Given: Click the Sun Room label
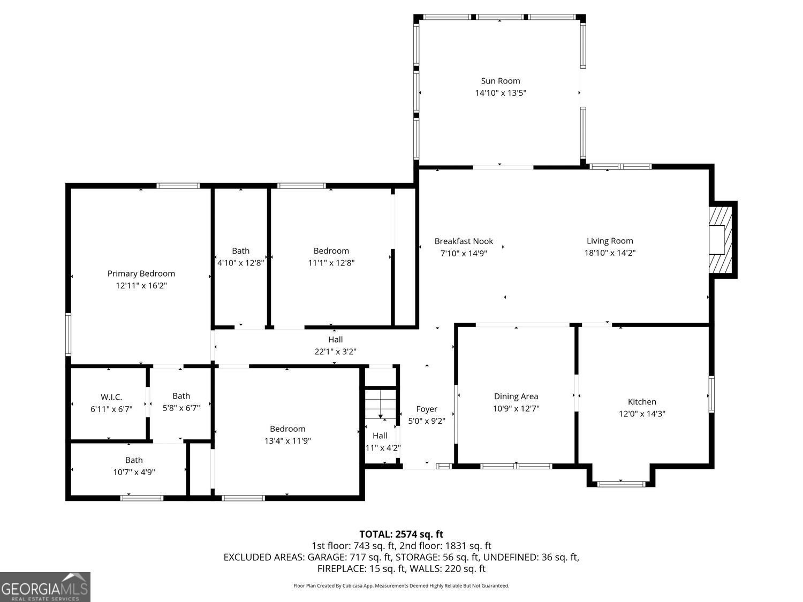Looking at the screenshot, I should click(500, 81).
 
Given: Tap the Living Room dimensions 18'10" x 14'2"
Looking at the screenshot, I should click(609, 253).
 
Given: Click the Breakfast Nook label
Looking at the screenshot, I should click(464, 241).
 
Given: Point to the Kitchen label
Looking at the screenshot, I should click(641, 402).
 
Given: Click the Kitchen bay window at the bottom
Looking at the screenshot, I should click(620, 484).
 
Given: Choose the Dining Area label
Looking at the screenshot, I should click(516, 397).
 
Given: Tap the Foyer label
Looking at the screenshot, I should click(427, 409).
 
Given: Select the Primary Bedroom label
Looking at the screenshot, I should click(141, 273).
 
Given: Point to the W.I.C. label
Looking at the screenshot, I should click(111, 397).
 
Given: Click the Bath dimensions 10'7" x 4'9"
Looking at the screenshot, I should click(134, 472).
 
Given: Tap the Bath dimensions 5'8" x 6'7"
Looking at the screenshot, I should click(181, 408).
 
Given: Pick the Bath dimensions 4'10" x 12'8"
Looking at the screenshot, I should click(240, 263).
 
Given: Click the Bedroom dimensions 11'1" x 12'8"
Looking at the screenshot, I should click(331, 263).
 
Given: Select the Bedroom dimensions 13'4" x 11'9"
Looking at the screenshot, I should click(287, 441).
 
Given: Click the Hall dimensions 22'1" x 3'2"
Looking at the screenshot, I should click(335, 352).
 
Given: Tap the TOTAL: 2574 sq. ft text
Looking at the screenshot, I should click(401, 534).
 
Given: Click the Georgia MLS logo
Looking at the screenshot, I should click(45, 587).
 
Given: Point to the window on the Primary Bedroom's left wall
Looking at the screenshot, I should click(68, 334).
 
